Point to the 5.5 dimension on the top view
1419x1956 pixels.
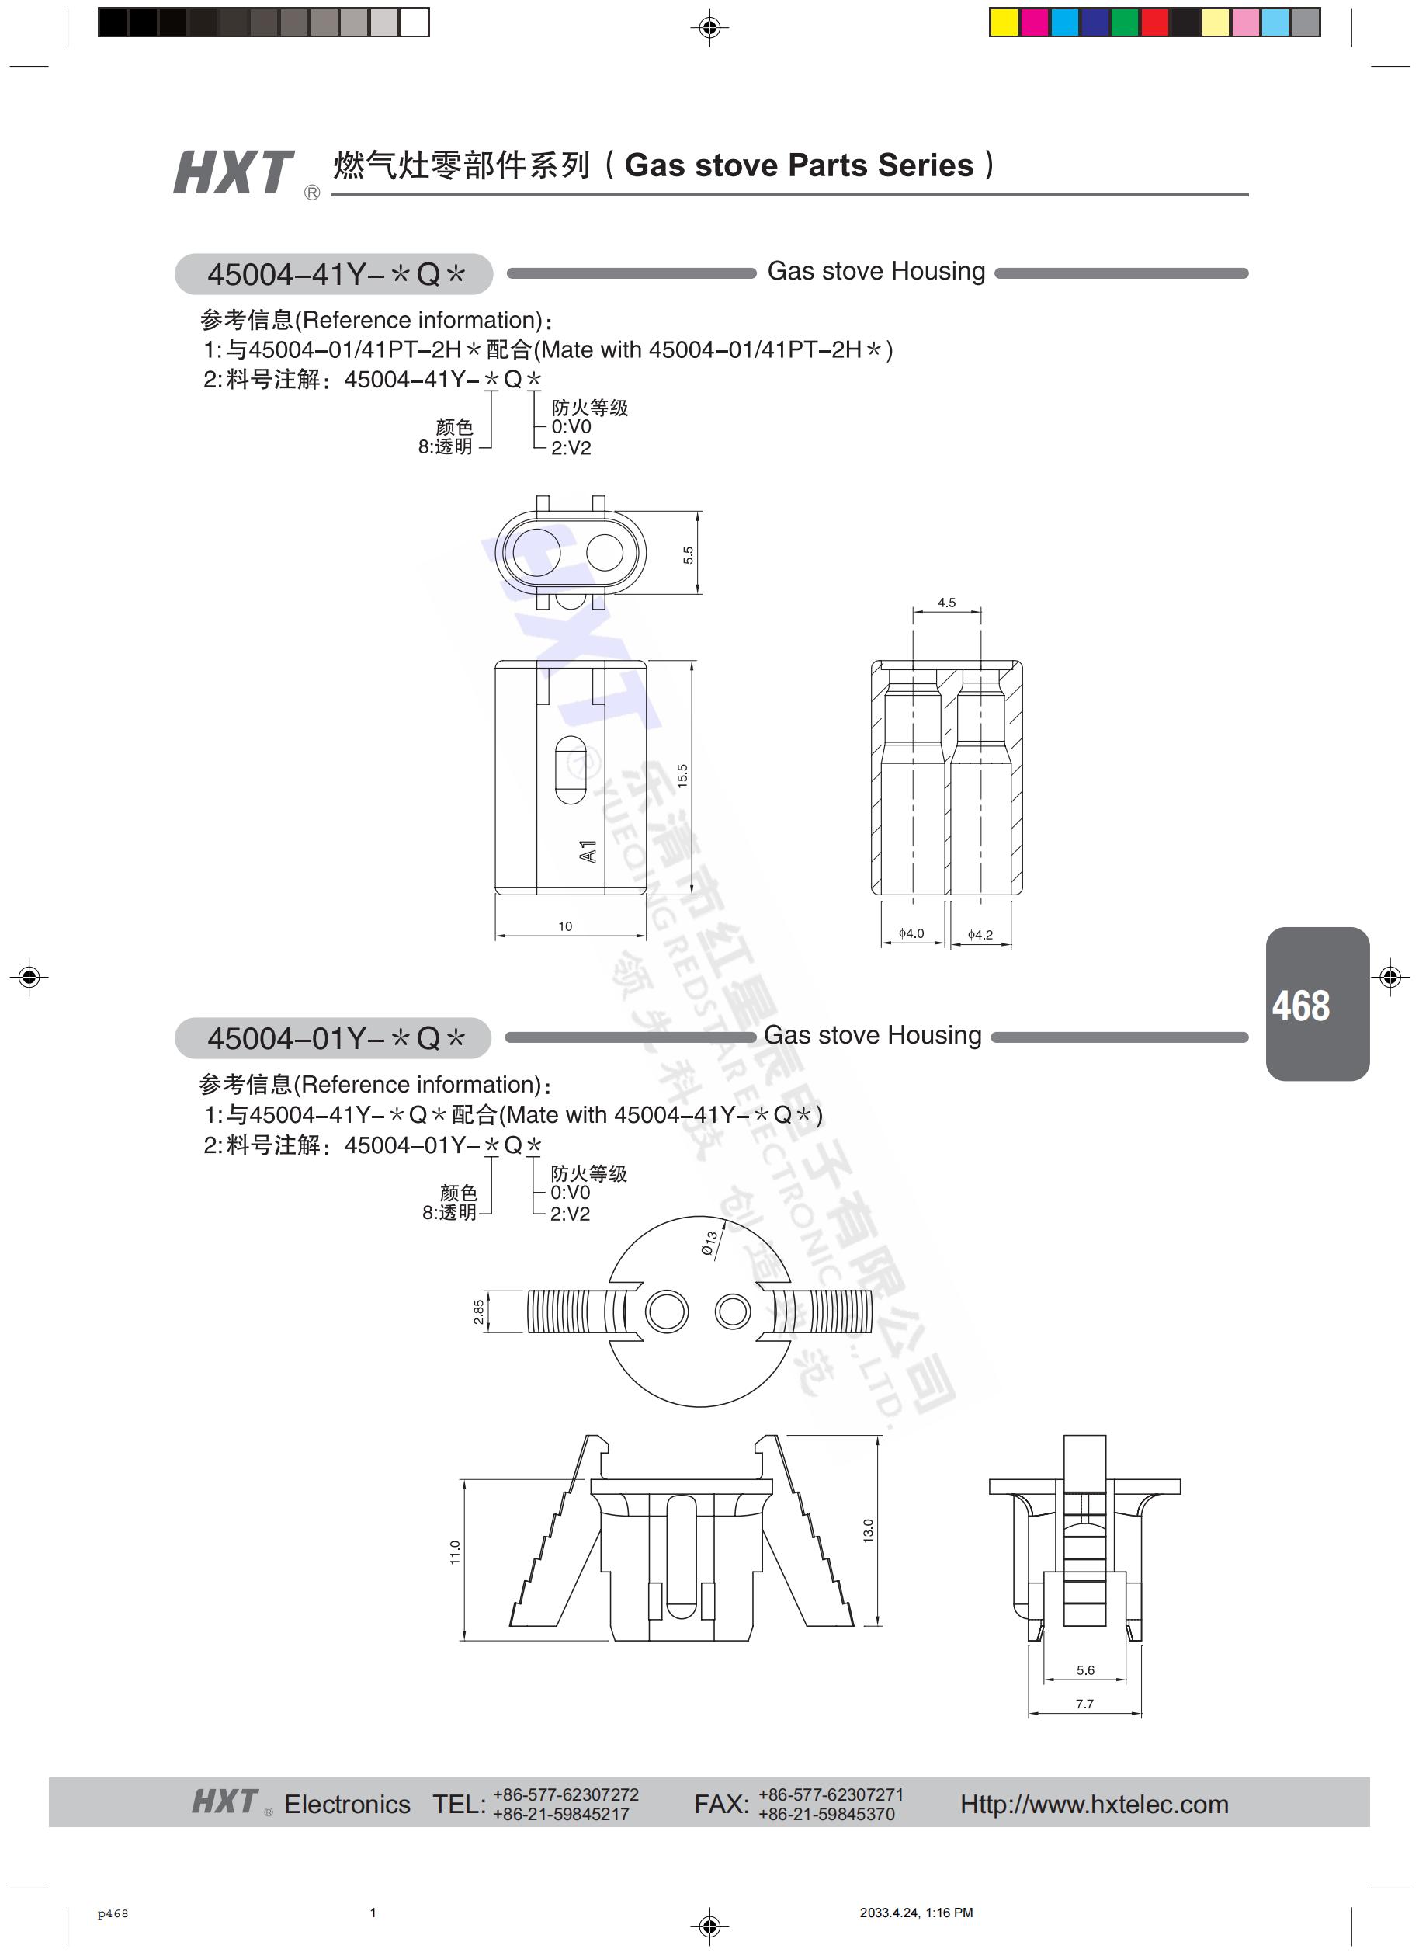[x=688, y=555]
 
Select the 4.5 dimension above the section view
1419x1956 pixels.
[x=945, y=603]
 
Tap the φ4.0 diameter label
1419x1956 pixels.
[x=911, y=933]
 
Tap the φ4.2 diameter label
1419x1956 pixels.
[x=980, y=934]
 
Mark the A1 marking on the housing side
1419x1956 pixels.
[x=588, y=851]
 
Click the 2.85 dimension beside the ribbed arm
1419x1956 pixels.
[x=478, y=1312]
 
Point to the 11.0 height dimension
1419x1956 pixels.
[x=455, y=1552]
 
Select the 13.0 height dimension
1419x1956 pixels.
[x=868, y=1530]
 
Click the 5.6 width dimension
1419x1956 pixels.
[x=1084, y=1669]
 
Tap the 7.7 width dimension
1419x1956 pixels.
[x=1084, y=1704]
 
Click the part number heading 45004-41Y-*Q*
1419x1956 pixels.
[x=335, y=274]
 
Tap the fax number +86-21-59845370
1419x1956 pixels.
[x=826, y=1814]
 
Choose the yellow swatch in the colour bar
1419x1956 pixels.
[x=1004, y=23]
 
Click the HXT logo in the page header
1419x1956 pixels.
[x=234, y=172]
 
